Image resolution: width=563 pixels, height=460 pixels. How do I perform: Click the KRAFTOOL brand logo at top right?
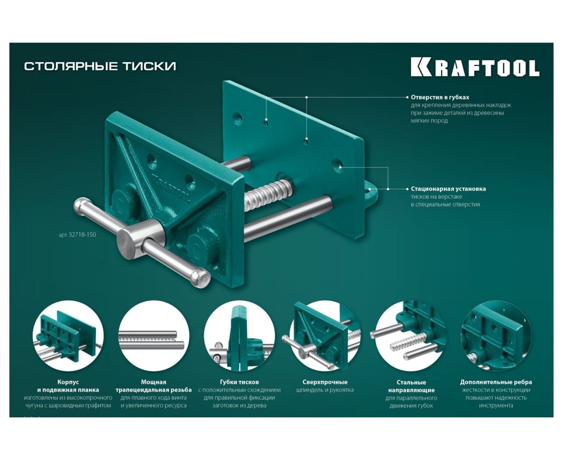coord(475,67)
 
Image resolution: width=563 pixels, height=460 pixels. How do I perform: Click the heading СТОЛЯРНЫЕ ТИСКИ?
coord(100,66)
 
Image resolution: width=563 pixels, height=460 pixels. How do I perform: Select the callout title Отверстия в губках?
coord(440,97)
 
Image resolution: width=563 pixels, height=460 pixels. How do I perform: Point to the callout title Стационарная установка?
coord(448,189)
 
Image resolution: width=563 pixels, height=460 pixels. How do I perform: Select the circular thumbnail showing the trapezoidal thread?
coord(153,336)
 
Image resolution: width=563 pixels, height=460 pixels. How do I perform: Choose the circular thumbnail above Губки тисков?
coord(239,336)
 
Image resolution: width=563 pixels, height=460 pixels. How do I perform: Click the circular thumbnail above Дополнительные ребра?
coord(496,336)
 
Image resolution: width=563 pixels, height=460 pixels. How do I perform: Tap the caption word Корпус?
coord(68,382)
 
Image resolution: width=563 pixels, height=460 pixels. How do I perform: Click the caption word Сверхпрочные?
coord(325,382)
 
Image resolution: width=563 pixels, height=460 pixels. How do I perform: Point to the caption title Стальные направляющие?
coord(411,386)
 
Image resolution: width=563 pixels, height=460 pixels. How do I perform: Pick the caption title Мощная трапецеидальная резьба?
coord(153,386)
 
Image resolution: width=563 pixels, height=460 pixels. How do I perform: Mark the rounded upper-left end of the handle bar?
coord(81,207)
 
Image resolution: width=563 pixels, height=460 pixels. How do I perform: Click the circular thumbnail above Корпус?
coord(68,336)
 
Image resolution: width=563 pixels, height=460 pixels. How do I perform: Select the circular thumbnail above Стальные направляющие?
coord(411,336)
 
